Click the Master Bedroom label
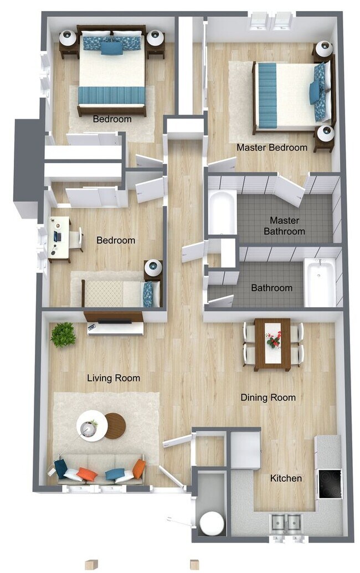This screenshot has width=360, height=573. [x=271, y=148]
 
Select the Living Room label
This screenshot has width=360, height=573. [x=114, y=378]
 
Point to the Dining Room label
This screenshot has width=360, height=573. [x=268, y=398]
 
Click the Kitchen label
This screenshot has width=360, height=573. [x=286, y=478]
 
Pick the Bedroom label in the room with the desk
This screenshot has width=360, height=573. [x=116, y=240]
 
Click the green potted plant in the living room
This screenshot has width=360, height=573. [x=63, y=334]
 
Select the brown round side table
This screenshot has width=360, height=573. [x=115, y=426]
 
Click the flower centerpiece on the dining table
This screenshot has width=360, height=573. [x=273, y=339]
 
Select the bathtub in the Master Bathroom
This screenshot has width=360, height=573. [x=222, y=212]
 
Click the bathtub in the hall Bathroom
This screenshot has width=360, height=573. [x=320, y=282]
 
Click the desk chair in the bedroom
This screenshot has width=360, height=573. [x=76, y=239]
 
